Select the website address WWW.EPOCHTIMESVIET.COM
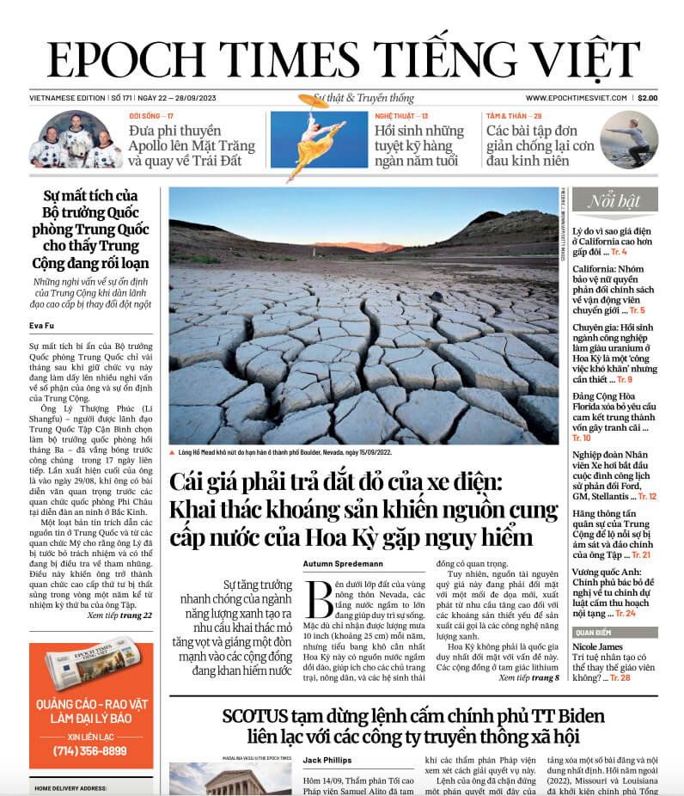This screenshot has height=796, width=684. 577,98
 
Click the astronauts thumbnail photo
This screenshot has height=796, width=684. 76,140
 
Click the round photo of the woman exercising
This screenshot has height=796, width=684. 629,139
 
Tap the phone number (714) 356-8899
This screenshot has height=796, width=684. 90,750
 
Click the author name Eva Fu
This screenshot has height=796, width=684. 41,324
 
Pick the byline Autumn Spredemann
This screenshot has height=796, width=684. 343,563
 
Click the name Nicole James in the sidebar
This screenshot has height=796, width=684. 597,646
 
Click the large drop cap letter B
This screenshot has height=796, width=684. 318,597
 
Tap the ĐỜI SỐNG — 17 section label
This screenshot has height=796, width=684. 152,115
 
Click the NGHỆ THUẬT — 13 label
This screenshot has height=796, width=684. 401,115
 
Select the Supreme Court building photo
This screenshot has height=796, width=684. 229,780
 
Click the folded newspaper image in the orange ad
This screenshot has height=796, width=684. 90,661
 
